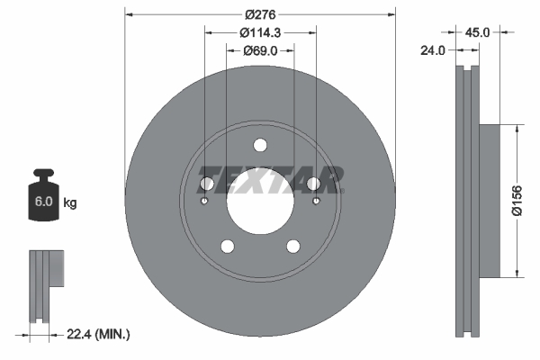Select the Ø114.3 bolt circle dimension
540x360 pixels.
pos(260,32)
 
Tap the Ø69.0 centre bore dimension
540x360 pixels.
pos(260,51)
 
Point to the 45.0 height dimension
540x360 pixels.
pos(476,31)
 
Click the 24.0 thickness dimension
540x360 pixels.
pos(435,51)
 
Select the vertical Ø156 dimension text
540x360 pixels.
pos(517,201)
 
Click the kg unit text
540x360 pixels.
pos(69,203)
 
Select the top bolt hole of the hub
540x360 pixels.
pos(260,146)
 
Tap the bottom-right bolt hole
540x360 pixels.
pos(293,247)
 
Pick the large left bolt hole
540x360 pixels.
pos(205,184)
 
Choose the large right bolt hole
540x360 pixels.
pos(314,184)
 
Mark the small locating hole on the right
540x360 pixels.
pos(317,201)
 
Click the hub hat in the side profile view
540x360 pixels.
pos(486,200)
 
